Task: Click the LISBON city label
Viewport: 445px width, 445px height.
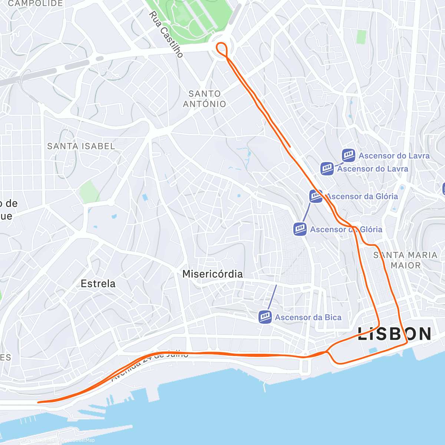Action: tap(394, 334)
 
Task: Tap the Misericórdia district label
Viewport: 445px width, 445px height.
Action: tap(212, 274)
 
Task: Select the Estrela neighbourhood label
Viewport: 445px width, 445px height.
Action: tap(98, 284)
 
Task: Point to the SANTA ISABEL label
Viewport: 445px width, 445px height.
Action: tap(81, 146)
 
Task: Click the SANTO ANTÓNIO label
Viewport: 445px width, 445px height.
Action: tap(204, 99)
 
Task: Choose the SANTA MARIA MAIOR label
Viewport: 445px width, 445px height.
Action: tap(405, 260)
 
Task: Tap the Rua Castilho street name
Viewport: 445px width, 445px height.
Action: tap(166, 34)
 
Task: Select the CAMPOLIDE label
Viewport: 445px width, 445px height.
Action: tap(36, 4)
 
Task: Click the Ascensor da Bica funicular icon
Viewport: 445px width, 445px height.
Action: tap(265, 317)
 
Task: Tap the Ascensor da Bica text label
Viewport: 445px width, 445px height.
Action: tap(308, 317)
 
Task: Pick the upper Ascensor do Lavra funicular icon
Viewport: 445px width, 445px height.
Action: tap(349, 155)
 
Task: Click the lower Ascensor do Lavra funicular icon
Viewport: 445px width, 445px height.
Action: tap(327, 169)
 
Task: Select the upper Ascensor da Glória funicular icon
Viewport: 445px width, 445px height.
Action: tap(316, 196)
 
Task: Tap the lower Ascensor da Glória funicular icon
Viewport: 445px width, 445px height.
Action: tap(300, 229)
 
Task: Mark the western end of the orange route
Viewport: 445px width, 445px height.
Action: tap(39, 402)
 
